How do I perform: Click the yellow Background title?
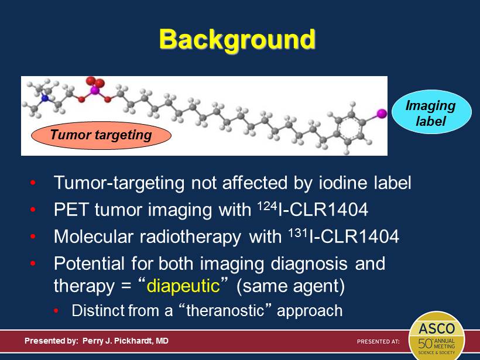tap(237, 40)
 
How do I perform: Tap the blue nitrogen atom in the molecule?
tap(45, 98)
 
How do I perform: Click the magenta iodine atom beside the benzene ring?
tap(382, 113)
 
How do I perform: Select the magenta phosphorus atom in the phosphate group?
tap(95, 90)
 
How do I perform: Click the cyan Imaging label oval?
tap(431, 112)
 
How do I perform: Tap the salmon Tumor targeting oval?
tap(101, 135)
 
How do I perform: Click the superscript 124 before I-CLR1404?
tap(267, 205)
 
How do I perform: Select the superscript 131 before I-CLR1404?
tap(298, 233)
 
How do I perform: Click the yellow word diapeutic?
tap(183, 286)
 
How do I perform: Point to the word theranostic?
tap(225, 310)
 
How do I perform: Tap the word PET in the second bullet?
tap(72, 210)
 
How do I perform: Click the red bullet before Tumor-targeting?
tap(33, 183)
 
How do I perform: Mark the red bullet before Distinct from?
tap(56, 311)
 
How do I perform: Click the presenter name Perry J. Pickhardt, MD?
tap(125, 341)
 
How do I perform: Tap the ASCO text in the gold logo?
tap(437, 329)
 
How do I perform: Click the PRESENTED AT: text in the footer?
tap(378, 341)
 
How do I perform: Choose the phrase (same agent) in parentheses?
tap(290, 286)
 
